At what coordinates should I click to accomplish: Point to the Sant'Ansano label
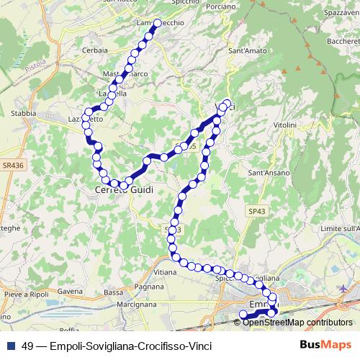[268, 174]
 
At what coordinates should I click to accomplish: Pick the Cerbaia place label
[95, 50]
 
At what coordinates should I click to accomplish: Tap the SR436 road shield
[12, 165]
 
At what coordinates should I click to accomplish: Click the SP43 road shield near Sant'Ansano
[256, 210]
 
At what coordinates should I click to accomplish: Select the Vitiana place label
[165, 273]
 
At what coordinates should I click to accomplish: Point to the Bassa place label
[114, 292]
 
